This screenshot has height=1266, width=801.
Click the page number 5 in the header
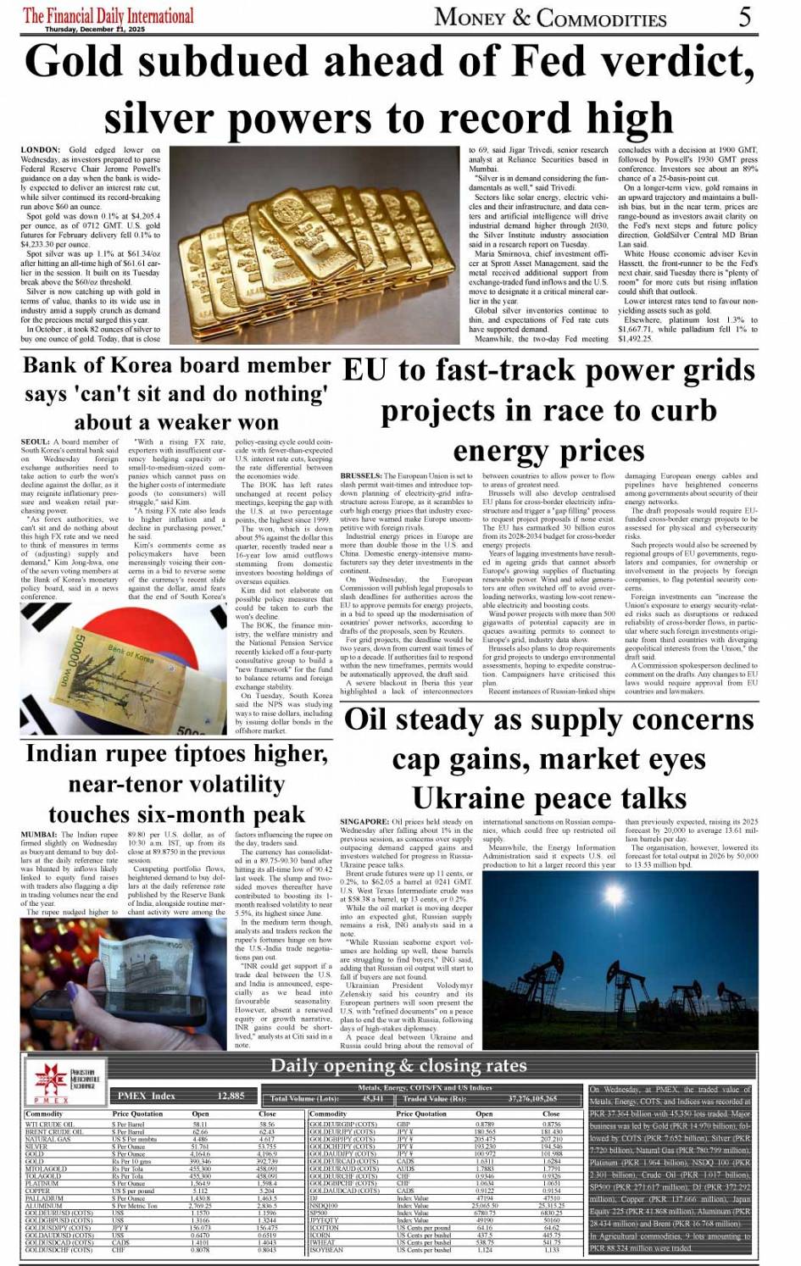pos(745,16)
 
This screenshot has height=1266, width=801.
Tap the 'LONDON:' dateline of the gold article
pos(41,150)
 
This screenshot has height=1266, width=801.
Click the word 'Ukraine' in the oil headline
pos(465,798)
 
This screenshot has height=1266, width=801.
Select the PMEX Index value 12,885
pos(231,1096)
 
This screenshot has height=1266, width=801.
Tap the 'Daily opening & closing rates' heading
pos(398,1065)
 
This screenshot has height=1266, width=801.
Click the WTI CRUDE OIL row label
pos(50,1124)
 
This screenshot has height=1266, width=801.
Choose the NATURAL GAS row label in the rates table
pos(48,1139)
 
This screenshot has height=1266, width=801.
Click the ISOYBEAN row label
pos(327,1250)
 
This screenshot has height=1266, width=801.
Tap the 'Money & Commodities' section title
pos(551,17)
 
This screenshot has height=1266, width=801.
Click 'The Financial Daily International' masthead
pos(108,14)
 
